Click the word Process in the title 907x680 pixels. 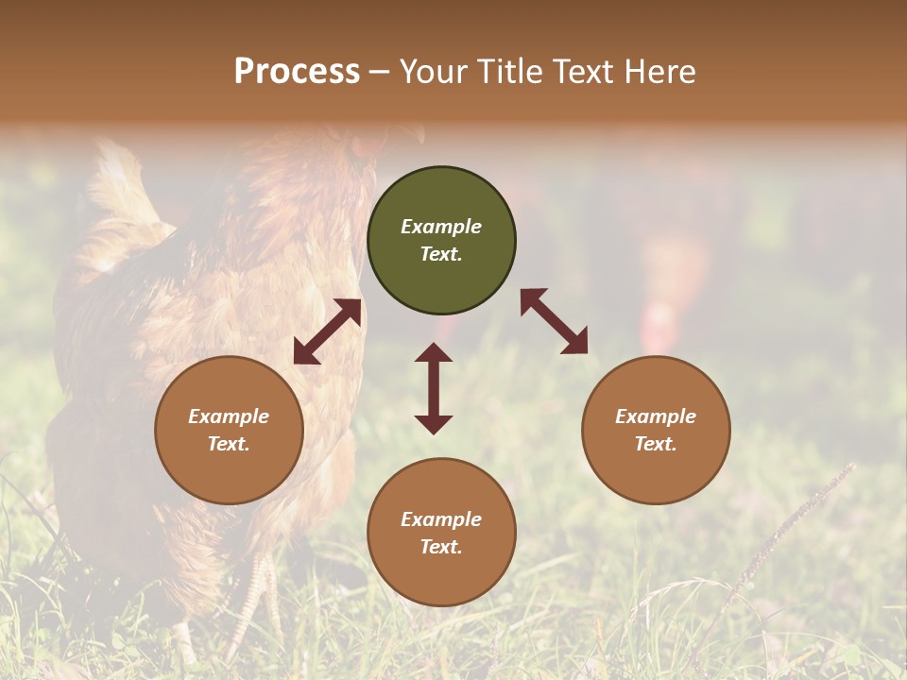coord(297,72)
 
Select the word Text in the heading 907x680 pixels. coord(578,72)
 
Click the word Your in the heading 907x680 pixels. coord(436,72)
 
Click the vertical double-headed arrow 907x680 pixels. coord(434,388)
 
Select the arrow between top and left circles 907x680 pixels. coord(327,331)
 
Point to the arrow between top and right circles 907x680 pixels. coord(554,321)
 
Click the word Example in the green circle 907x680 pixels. coord(441,227)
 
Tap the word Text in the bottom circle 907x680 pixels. coord(441,547)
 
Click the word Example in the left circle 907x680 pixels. coord(229,416)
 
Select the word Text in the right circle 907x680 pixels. coord(656,444)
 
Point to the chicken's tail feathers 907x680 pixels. coord(123,189)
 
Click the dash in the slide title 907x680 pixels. coord(380,72)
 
